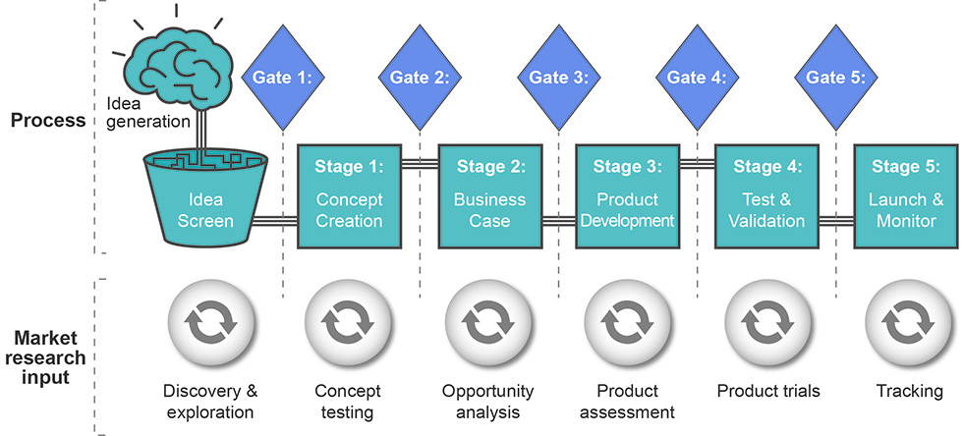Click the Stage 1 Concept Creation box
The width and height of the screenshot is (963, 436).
349,195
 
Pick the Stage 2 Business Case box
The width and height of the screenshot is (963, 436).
489,195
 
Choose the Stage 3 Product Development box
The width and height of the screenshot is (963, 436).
627,195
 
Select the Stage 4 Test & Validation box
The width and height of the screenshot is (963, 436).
765,195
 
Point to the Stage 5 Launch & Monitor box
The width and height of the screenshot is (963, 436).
905,195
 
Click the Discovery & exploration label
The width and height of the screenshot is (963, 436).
209,401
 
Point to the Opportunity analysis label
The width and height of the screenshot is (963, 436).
488,401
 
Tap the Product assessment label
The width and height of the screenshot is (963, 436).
627,401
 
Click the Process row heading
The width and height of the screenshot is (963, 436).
48,121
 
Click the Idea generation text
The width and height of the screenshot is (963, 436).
146,112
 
